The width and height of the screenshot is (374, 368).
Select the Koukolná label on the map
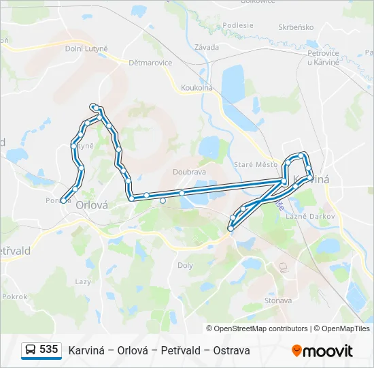click(197, 88)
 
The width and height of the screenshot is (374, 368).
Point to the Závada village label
click(206, 47)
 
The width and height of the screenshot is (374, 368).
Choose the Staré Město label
click(256, 164)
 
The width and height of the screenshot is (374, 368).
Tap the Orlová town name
click(92, 204)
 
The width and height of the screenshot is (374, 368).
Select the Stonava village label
click(278, 300)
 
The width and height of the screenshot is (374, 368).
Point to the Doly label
click(185, 266)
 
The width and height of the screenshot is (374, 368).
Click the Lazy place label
click(83, 281)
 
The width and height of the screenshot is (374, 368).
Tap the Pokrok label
click(14, 296)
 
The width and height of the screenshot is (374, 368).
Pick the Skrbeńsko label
click(294, 28)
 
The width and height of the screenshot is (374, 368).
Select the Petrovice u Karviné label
click(323, 57)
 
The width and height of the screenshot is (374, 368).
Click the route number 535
click(49, 350)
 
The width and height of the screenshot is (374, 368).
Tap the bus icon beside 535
click(31, 350)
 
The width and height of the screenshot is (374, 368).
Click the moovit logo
click(322, 350)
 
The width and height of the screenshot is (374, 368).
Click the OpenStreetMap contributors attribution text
click(260, 328)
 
